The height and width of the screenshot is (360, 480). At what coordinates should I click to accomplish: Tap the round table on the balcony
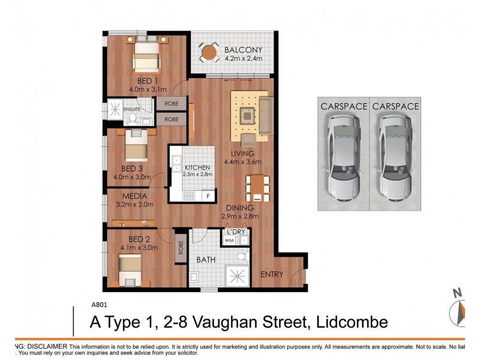(x=209, y=53)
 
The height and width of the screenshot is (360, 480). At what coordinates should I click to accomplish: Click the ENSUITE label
(x=131, y=109)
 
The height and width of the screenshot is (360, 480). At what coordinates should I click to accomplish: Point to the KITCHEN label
(x=197, y=167)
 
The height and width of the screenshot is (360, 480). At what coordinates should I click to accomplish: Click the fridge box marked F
(x=208, y=195)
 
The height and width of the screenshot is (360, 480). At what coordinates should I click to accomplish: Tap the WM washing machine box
(x=229, y=241)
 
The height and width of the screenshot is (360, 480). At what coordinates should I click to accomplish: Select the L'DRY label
(x=235, y=231)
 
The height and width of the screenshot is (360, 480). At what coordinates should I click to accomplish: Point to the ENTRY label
(x=272, y=274)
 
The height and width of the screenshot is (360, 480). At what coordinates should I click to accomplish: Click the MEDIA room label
(x=136, y=196)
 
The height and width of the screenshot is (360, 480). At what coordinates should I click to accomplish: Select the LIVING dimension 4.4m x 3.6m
(x=244, y=162)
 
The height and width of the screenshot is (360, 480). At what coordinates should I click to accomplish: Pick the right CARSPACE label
(x=394, y=106)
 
